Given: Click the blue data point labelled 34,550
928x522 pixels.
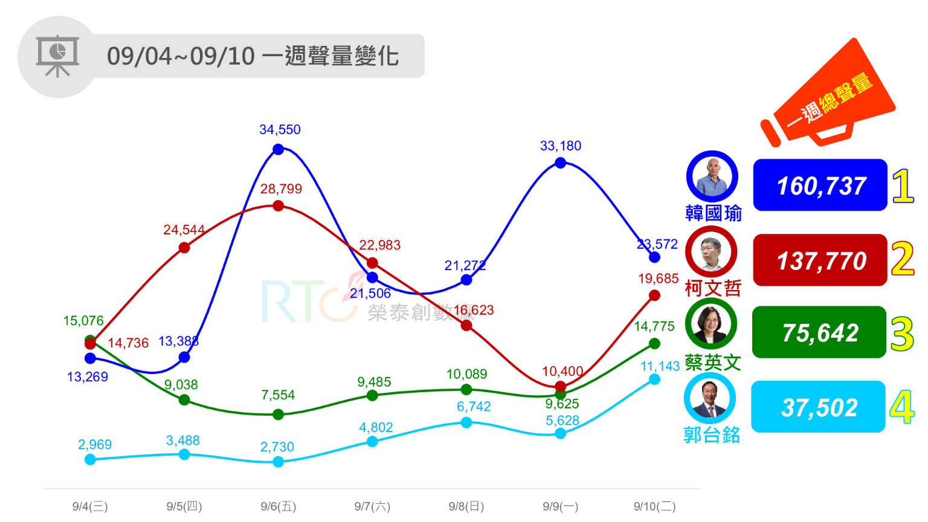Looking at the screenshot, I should [x=279, y=149].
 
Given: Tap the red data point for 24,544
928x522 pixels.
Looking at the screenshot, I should [x=184, y=248].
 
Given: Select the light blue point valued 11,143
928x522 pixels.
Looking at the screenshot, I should [x=654, y=379].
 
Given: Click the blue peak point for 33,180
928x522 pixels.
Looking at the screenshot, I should [x=561, y=163].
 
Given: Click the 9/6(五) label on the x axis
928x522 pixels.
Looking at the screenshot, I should [x=279, y=506].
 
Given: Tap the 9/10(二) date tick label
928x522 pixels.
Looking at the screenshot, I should [x=654, y=506].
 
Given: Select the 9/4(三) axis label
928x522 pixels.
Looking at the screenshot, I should [x=90, y=506].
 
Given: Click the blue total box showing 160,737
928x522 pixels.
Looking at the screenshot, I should [x=820, y=185].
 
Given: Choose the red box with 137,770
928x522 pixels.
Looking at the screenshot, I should [x=820, y=260].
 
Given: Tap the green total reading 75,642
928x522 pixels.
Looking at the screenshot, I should [x=819, y=332].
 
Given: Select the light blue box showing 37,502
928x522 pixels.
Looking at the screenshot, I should [x=818, y=407].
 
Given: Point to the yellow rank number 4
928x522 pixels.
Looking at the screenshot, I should [x=902, y=407].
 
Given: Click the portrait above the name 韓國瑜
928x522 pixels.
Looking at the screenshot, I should [x=712, y=176].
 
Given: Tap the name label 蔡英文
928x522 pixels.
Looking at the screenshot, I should [x=713, y=362].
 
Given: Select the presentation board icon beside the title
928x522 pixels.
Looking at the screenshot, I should [x=57, y=56].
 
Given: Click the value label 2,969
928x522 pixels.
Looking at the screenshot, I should [x=95, y=445].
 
